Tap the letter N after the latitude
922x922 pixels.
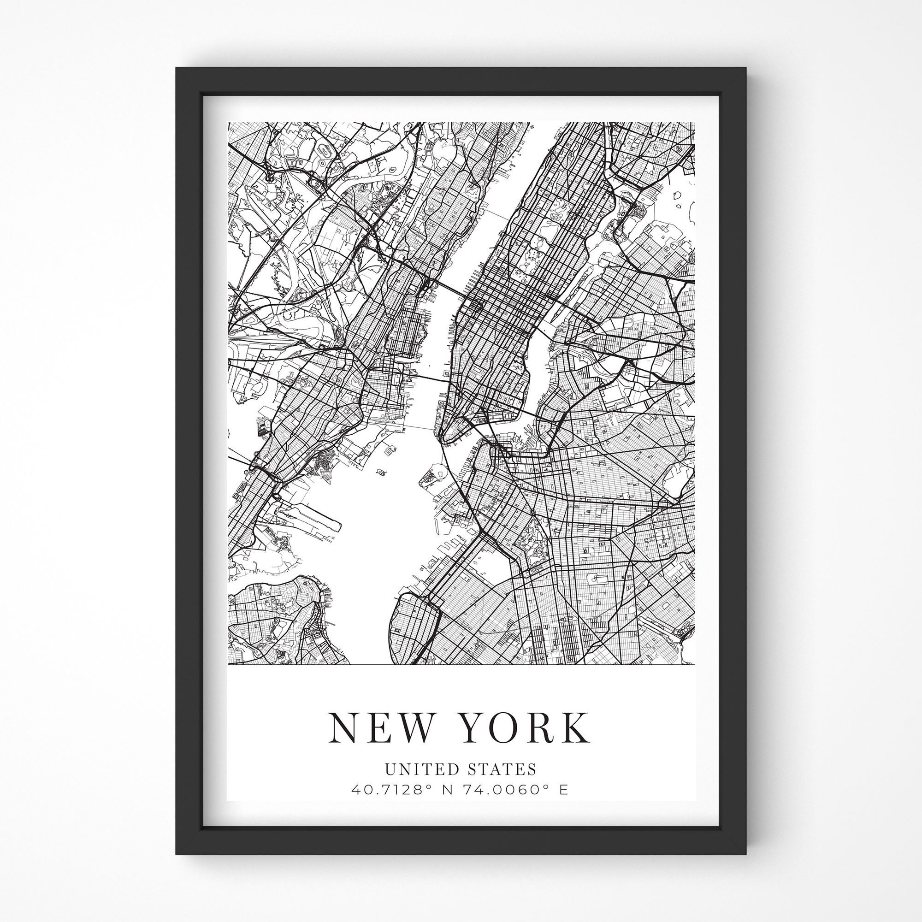pos(448,790)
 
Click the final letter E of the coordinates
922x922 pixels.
pos(564,790)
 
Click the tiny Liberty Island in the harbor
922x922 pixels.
pos(381,472)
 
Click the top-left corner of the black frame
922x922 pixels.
pos(177,68)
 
